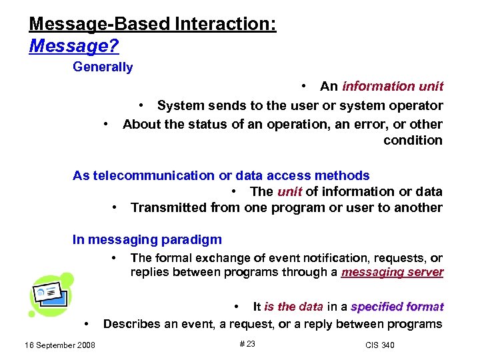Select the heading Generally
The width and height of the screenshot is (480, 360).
[103, 67]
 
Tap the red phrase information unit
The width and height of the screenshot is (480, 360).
[393, 86]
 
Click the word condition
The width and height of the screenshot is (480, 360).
[413, 140]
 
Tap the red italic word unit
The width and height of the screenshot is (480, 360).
[289, 192]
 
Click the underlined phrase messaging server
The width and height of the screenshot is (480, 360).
[392, 272]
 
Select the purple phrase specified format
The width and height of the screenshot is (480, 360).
[397, 307]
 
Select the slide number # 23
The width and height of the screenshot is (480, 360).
[247, 344]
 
